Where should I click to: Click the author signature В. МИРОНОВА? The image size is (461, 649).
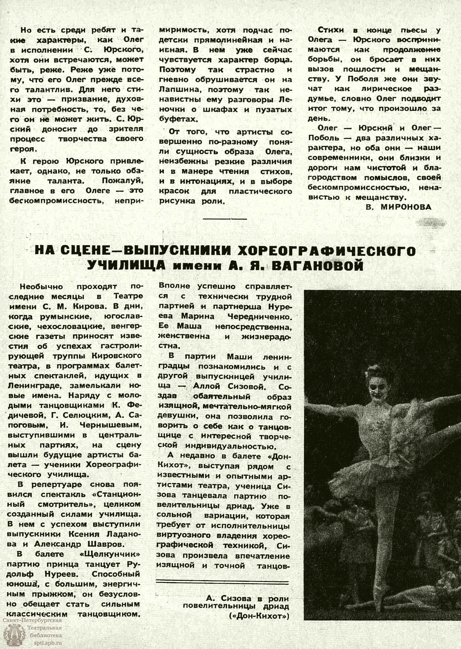tap(399, 207)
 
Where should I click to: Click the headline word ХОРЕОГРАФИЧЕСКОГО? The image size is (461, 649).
tap(326, 251)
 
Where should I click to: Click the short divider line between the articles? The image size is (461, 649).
tap(225, 218)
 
